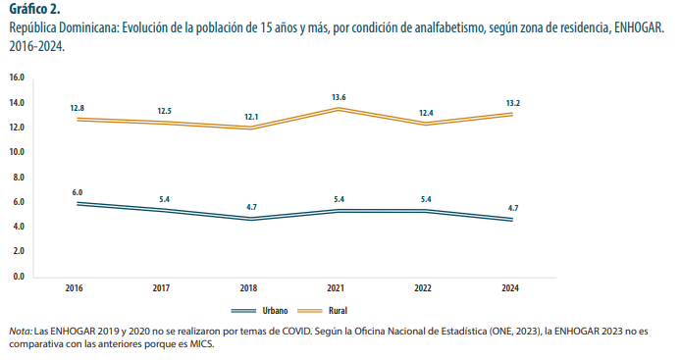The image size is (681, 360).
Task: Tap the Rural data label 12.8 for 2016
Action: click(78, 107)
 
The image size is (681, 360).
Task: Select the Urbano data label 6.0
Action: click(78, 192)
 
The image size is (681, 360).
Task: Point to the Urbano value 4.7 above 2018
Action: click(250, 207)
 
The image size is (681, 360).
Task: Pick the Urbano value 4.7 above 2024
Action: click(512, 208)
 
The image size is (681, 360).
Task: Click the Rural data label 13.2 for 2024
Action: click(512, 103)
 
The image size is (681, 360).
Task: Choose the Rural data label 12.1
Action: click(250, 117)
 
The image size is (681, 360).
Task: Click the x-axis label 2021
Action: click(337, 288)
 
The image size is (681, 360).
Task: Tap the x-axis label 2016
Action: click(75, 288)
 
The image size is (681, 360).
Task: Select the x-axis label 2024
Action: click(510, 288)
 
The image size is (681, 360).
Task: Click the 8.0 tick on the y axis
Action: click(18, 178)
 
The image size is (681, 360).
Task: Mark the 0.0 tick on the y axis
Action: click(18, 277)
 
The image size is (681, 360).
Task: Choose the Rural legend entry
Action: click(337, 310)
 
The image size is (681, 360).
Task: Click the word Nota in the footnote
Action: click(18, 333)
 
